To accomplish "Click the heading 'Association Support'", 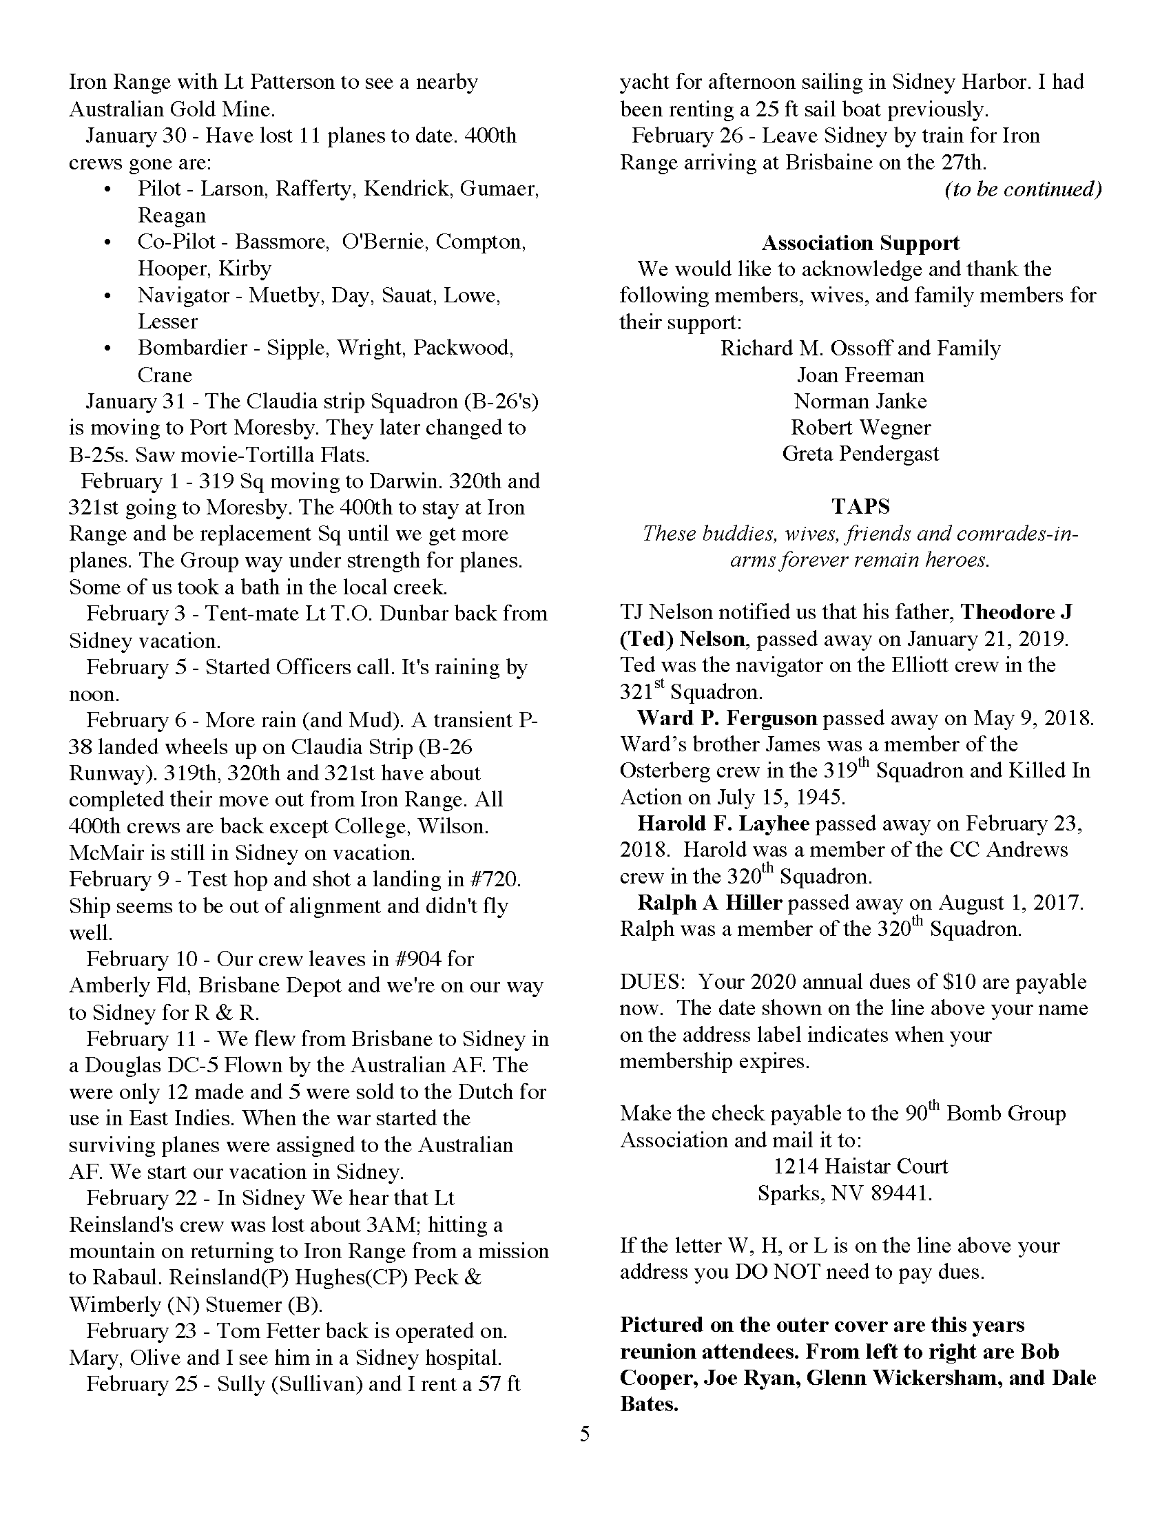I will (x=860, y=243).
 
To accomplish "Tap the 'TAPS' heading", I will (x=860, y=506).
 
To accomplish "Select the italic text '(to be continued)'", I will (x=1023, y=189).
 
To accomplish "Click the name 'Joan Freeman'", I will (x=860, y=375).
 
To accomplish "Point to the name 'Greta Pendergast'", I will (x=860, y=454).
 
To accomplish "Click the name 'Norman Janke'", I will (x=860, y=401).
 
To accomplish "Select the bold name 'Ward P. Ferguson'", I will (x=727, y=718).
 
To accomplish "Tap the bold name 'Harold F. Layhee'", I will (x=723, y=824).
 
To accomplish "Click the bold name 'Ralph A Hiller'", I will (x=709, y=903).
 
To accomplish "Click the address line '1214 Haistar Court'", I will (x=860, y=1166).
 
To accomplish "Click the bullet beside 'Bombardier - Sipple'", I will (x=107, y=349).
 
